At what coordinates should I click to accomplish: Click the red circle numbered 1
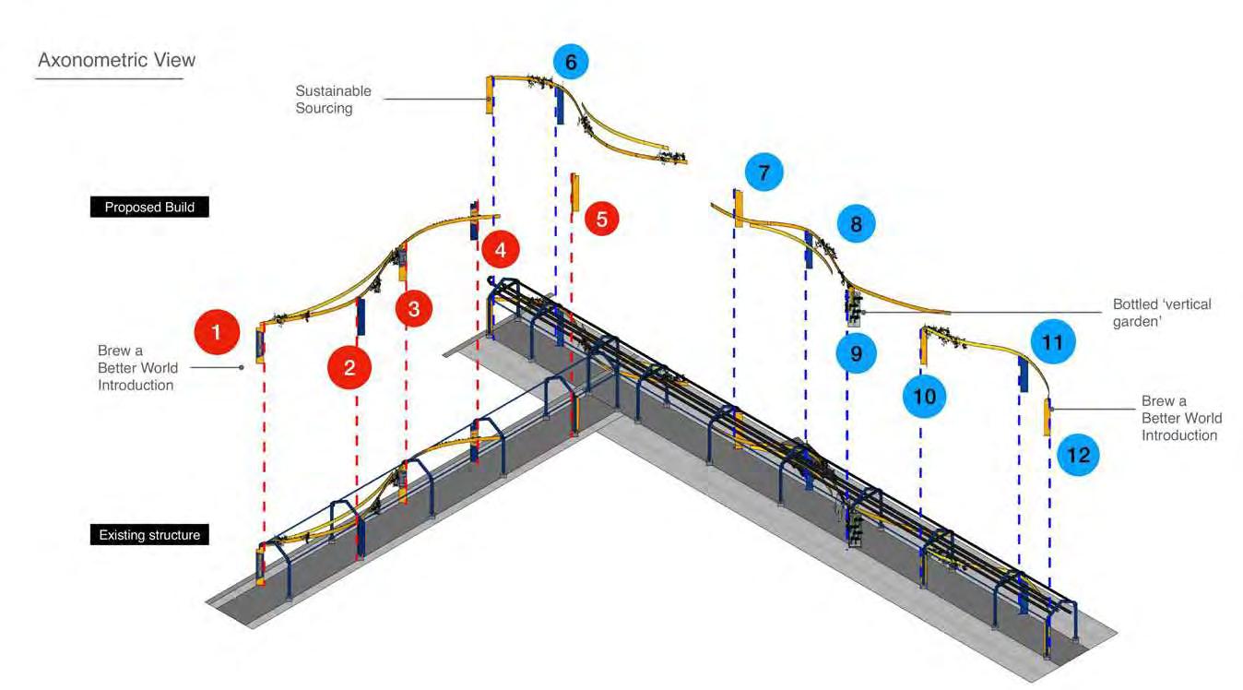[x=217, y=332]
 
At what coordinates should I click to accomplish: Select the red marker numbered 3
[x=414, y=308]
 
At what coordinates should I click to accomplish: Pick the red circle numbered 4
[x=500, y=249]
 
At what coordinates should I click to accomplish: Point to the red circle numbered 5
[x=602, y=220]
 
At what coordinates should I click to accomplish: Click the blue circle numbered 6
[x=571, y=63]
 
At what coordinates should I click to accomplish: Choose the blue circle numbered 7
[x=764, y=172]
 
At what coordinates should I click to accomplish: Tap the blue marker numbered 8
[x=857, y=223]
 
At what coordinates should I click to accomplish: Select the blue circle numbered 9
[x=857, y=353]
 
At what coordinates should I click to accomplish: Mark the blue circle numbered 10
[x=924, y=397]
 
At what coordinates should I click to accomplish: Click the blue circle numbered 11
[x=1052, y=342]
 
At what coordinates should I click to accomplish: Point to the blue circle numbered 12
[x=1078, y=455]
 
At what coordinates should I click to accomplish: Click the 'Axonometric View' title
[x=116, y=60]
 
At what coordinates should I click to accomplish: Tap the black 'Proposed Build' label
[x=149, y=208]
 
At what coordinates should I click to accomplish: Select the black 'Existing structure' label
[x=149, y=535]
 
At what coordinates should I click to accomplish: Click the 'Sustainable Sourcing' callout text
[x=333, y=100]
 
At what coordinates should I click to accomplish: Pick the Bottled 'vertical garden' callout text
[x=1162, y=313]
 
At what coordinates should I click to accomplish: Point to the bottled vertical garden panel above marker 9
[x=854, y=308]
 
